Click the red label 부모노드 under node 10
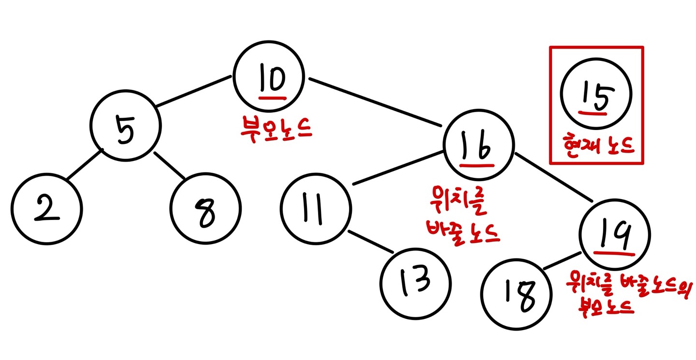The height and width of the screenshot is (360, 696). coord(275,129)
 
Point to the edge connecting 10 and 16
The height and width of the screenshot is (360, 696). coord(375,101)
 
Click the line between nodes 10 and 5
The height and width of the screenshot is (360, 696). coord(193,90)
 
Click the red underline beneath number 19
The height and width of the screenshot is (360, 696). coord(617,252)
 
